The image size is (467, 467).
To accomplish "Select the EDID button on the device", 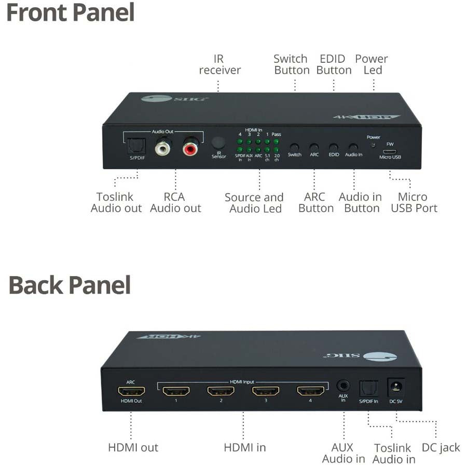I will click(334, 147).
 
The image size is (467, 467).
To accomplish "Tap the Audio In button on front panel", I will click(353, 147).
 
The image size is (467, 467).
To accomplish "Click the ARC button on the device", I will click(314, 147).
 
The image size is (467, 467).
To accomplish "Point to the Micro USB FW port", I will click(390, 152).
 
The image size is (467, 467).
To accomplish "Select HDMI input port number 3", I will click(266, 391).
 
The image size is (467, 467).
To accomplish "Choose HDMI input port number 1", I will click(175, 391).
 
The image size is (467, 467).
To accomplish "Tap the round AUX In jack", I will click(342, 386).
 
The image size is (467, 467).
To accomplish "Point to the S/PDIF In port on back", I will click(368, 388).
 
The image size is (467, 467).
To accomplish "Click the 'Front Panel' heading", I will click(70, 12).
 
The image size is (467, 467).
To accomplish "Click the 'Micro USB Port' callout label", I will click(414, 203).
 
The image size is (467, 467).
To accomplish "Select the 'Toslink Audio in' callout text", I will click(393, 453).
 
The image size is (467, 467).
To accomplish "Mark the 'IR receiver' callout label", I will click(219, 64).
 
